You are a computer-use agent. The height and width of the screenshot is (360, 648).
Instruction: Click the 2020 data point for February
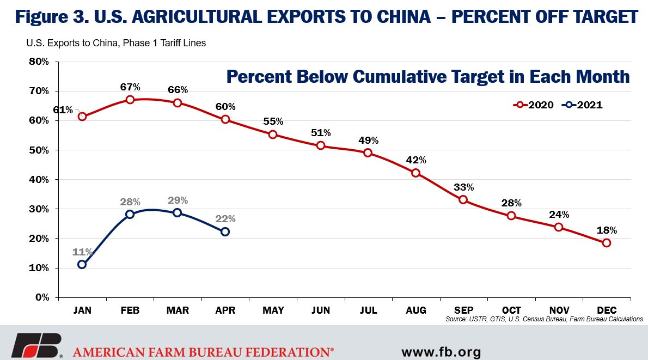coord(130,100)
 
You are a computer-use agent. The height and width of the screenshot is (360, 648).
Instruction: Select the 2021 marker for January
coord(82,264)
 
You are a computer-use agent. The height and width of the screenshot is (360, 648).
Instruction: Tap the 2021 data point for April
coord(225,232)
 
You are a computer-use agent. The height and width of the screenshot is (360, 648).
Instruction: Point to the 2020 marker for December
coord(606,243)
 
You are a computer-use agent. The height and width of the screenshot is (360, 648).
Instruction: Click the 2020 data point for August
coord(415,173)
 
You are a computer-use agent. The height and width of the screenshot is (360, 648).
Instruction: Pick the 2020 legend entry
coord(533,105)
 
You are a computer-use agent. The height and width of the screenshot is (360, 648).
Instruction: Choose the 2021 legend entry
coord(582,105)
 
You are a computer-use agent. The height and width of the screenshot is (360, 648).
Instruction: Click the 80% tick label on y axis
coord(39,62)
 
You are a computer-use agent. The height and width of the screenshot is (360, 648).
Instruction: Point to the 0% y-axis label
coord(42,297)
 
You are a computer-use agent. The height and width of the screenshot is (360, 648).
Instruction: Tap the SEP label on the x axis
coord(464,310)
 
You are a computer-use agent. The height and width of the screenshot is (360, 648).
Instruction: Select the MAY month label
coord(273,310)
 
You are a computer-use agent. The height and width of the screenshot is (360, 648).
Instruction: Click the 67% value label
coord(130,87)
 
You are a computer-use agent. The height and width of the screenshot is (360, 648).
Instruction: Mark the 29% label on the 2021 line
coord(178,200)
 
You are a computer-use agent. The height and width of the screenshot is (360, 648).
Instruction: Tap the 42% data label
coord(416,160)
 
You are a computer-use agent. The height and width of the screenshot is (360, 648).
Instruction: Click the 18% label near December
coord(607,230)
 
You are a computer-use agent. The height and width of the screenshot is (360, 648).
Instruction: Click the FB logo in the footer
coord(36,345)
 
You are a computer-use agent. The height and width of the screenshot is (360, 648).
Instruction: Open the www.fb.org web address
coord(442,352)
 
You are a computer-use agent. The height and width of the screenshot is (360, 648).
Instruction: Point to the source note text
coord(544,319)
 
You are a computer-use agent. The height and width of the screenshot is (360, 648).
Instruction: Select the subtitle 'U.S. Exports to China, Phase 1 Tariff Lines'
coord(116,43)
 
